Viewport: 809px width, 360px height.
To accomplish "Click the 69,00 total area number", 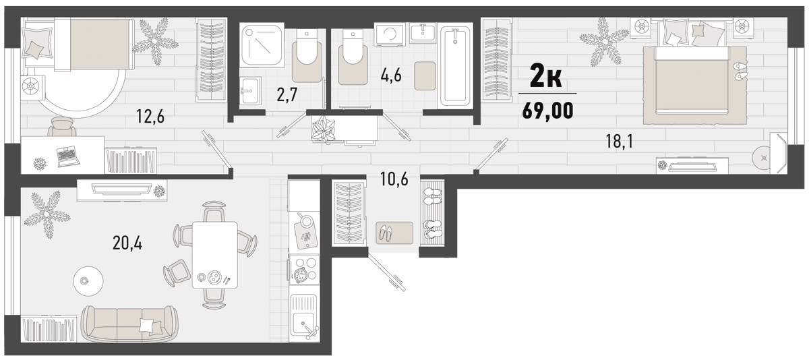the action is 547,111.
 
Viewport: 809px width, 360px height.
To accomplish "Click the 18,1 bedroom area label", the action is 620,142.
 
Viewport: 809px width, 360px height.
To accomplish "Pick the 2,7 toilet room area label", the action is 287,96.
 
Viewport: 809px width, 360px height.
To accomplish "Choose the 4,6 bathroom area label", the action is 391,76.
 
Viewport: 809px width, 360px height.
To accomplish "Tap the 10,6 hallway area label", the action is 394,179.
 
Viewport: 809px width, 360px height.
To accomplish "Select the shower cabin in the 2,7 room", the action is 262,45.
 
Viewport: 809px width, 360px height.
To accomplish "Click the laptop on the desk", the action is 67,156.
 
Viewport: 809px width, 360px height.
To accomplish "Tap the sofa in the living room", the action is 129,324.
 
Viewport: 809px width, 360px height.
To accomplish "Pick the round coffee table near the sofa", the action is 88,281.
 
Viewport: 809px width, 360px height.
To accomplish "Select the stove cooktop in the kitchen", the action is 304,272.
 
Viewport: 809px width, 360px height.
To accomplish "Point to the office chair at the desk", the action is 62,126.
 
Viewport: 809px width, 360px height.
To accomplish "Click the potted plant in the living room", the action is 47,214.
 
